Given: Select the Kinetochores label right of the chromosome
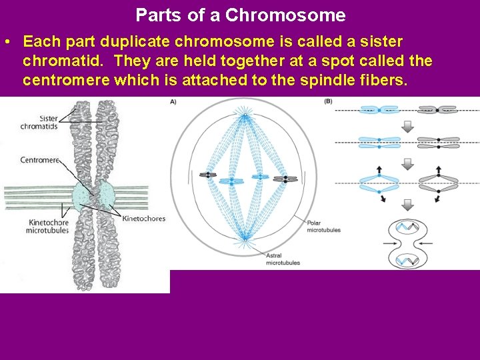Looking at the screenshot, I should [x=143, y=219].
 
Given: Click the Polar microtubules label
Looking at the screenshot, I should [x=323, y=226].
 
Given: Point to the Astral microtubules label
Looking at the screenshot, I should [x=283, y=259].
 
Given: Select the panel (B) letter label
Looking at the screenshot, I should [x=328, y=101].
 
